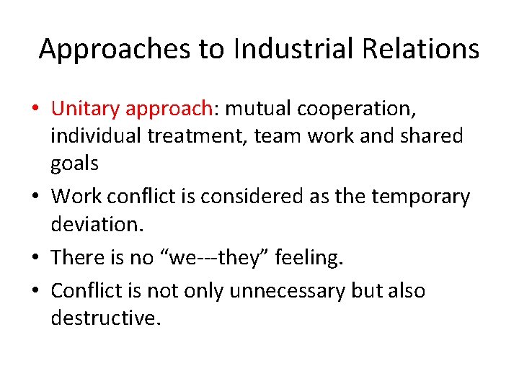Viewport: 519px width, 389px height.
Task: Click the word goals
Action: pyautogui.click(x=74, y=164)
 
